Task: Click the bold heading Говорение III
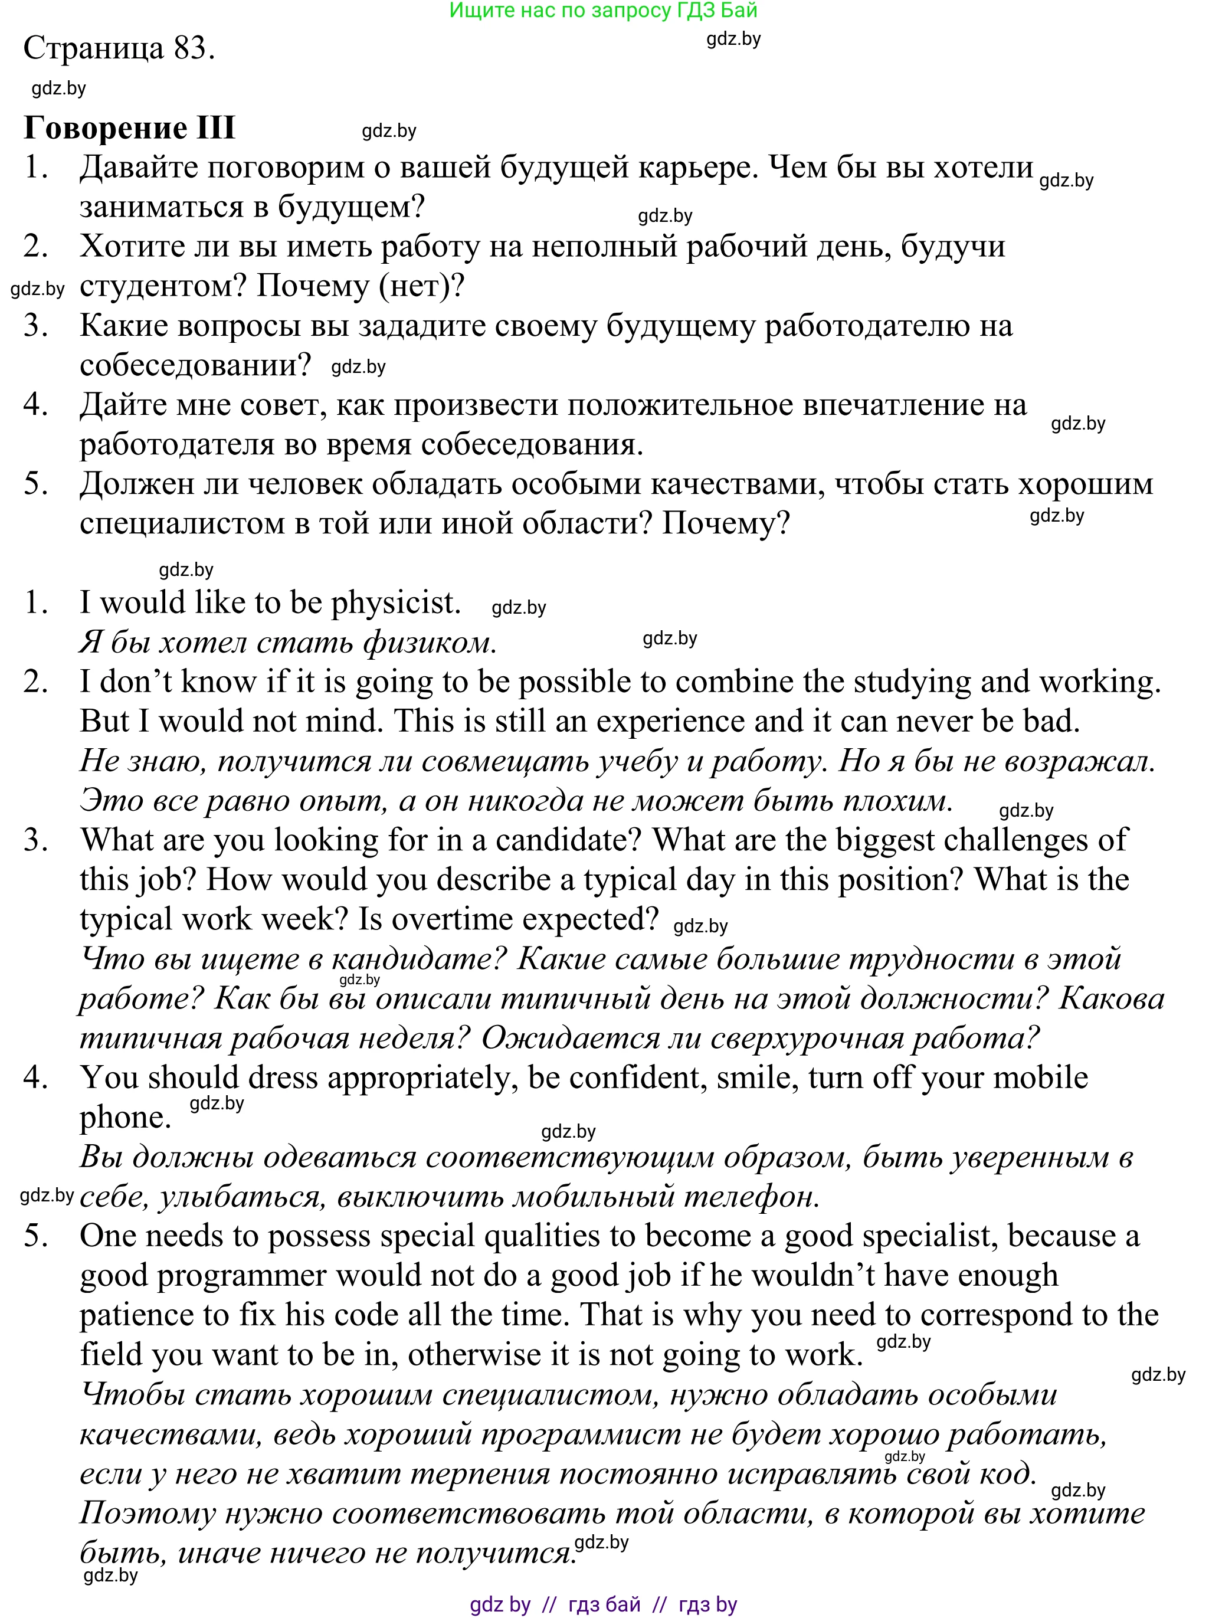click(x=129, y=127)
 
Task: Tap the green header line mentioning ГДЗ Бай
click(x=604, y=10)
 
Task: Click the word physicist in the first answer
click(x=396, y=602)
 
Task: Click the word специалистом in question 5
click(x=182, y=523)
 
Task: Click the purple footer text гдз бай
click(x=604, y=1604)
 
